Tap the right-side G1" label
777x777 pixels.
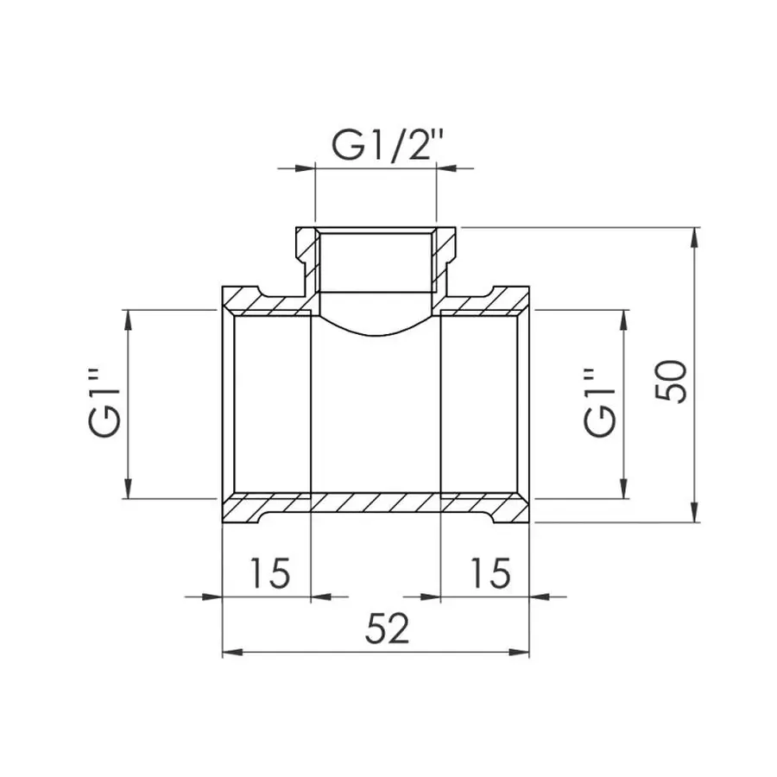tap(600, 403)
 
